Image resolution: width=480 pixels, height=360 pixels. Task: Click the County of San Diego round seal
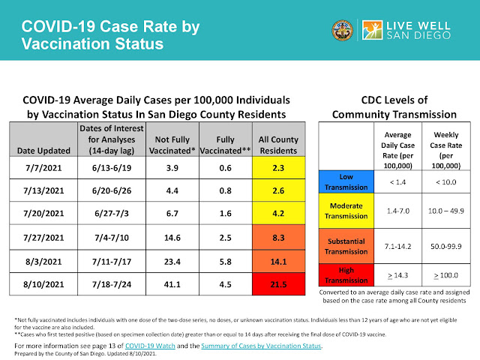pos(342,30)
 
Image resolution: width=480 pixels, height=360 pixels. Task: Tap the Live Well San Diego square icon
pos(372,30)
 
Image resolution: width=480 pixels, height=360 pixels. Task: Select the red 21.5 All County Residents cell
pos(278,284)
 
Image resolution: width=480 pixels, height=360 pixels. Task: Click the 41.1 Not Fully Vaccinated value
pos(172,284)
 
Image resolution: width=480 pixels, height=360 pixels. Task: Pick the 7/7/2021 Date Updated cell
pos(43,168)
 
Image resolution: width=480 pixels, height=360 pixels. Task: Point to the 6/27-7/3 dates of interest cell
pos(112,213)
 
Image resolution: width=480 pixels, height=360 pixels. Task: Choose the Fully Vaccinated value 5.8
pos(226,262)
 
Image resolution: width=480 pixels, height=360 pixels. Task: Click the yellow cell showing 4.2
pos(278,213)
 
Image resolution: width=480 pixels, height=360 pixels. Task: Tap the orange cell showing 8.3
pos(278,238)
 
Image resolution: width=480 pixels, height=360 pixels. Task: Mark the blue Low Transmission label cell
pos(346,181)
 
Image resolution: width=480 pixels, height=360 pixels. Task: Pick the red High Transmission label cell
pos(346,275)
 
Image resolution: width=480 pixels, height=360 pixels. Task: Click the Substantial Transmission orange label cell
pos(346,246)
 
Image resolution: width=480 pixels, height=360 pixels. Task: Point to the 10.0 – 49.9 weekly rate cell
pos(446,211)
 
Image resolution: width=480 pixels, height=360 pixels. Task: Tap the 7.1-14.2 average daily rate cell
pos(398,246)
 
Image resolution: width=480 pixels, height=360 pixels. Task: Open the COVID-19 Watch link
pos(150,346)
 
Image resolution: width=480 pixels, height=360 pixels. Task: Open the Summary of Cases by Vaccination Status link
pos(261,346)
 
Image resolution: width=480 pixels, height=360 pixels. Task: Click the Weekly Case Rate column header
pos(446,150)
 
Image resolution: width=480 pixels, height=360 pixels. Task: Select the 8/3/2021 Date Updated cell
pos(43,262)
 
